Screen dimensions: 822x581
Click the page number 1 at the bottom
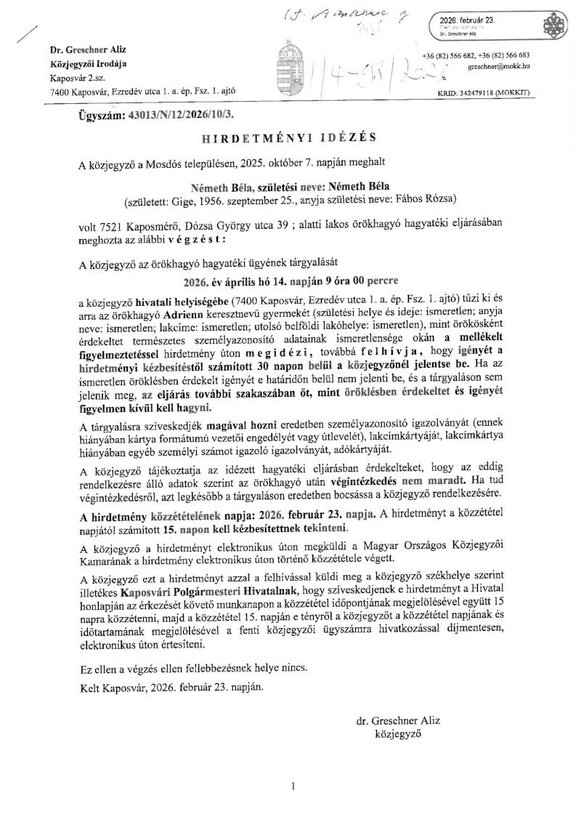click(x=292, y=786)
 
